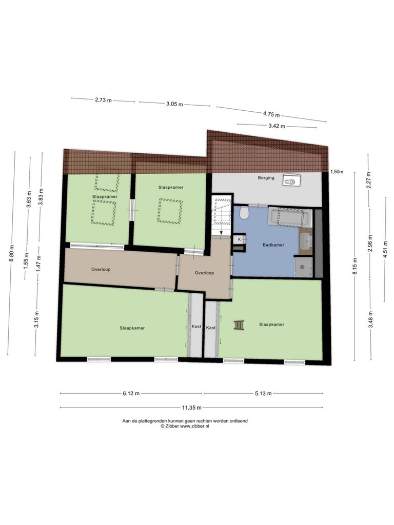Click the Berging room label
266,178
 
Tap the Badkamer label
273,245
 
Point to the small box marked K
239,239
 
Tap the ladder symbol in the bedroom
239,326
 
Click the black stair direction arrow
221,233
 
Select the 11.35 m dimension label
192,408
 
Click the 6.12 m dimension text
131,393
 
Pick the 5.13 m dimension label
263,393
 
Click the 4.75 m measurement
271,114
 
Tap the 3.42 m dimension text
277,126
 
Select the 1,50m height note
337,172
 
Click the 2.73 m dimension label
103,100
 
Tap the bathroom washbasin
306,240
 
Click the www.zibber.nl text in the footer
194,426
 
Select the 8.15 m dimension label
355,267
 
